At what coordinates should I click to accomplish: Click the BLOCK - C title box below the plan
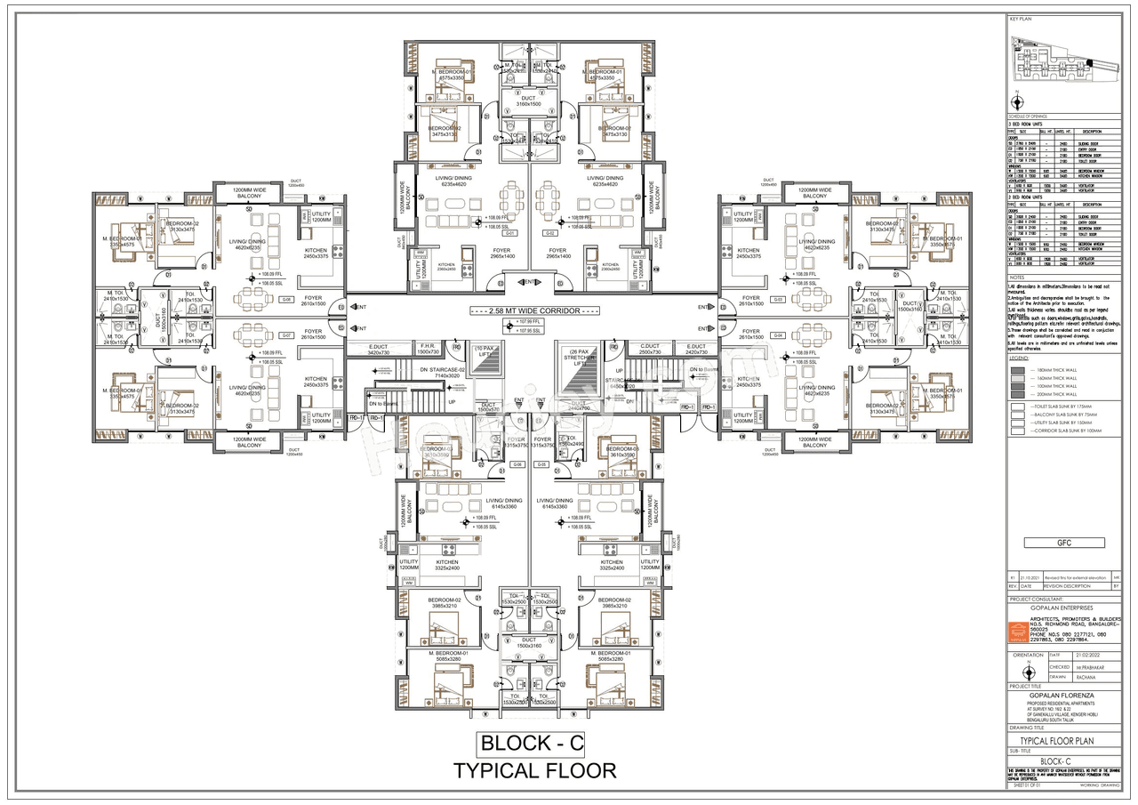532,743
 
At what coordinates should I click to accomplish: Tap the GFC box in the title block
1064,543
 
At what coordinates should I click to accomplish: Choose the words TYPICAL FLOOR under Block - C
534,770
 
